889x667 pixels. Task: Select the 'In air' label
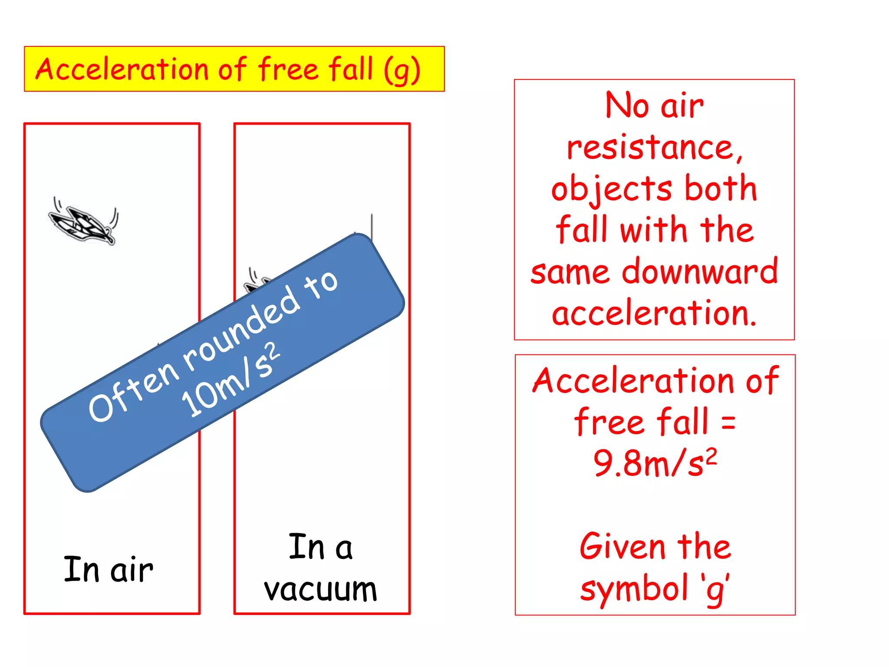[109, 569]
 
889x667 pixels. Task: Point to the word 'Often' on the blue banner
[133, 393]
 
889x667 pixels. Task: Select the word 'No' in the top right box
[627, 106]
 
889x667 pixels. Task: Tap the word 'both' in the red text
[721, 188]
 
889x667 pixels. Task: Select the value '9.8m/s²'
[655, 463]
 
